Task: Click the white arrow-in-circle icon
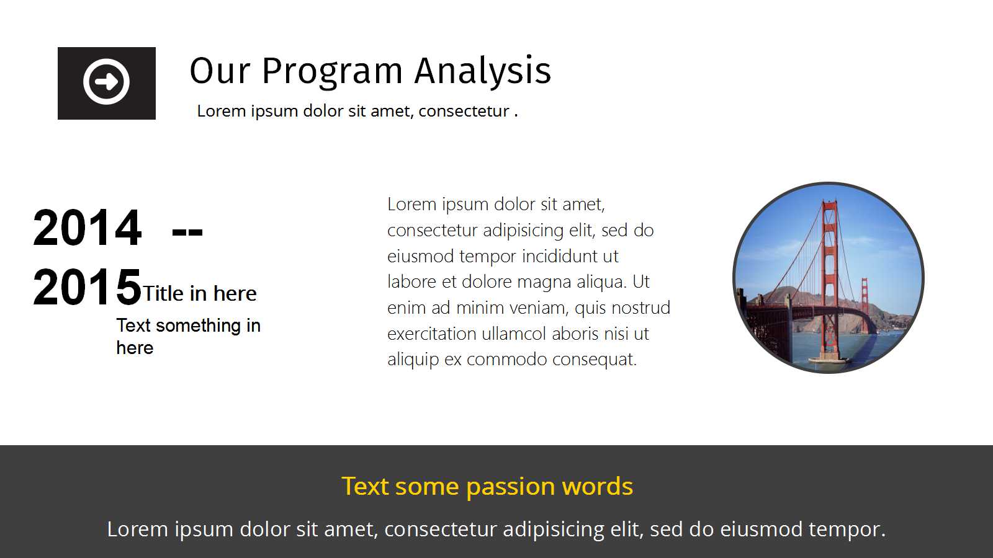tap(106, 81)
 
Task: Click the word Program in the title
tap(332, 72)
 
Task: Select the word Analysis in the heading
tap(483, 71)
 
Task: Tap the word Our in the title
tap(220, 71)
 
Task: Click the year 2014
tap(87, 228)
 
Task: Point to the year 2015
tap(87, 287)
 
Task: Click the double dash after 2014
tap(187, 232)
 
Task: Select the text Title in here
tap(199, 293)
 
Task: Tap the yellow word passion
tap(511, 487)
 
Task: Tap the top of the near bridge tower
tap(830, 203)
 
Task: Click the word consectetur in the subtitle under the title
tap(463, 111)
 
